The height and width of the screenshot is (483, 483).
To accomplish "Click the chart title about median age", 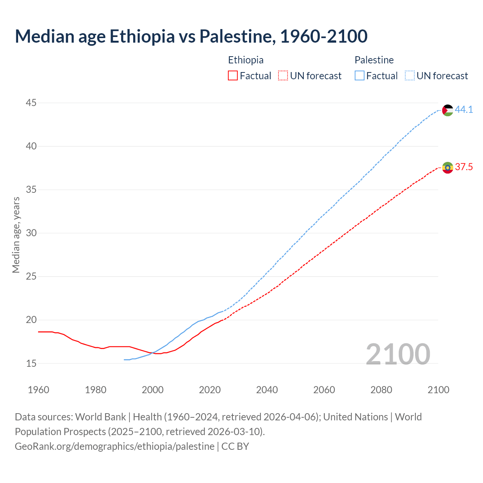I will (x=191, y=36).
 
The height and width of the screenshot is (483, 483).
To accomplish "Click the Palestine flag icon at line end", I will (x=448, y=110).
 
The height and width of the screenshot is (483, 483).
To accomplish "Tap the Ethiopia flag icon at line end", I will (x=448, y=168).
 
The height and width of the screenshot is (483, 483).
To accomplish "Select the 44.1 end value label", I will (x=464, y=110).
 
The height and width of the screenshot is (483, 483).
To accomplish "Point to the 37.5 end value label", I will (x=464, y=167).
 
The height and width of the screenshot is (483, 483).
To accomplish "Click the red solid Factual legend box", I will (x=233, y=76).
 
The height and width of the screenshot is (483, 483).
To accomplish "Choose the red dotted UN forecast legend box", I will (x=283, y=76).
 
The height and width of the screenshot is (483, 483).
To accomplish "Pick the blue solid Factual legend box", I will (x=359, y=76).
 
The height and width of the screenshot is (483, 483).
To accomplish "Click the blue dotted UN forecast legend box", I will (x=409, y=76).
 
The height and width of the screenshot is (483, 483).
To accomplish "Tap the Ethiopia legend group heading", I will (x=246, y=60).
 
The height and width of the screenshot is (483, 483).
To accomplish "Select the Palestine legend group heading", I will (x=374, y=60).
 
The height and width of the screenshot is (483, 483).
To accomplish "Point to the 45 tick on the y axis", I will (x=31, y=103).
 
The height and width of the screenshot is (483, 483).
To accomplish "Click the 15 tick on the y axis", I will (x=31, y=363).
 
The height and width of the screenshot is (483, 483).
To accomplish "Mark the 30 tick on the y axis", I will (x=31, y=233).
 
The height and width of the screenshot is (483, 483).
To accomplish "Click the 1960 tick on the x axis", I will (x=38, y=390).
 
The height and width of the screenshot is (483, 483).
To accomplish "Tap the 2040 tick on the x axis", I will (x=267, y=390).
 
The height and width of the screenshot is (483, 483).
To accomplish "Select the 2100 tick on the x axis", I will (x=438, y=390).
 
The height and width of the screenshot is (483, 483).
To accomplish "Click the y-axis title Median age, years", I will (x=16, y=235).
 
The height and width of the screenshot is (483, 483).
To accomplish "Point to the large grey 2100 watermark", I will (x=398, y=354).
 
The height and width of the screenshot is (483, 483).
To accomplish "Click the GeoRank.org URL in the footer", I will (x=114, y=446).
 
